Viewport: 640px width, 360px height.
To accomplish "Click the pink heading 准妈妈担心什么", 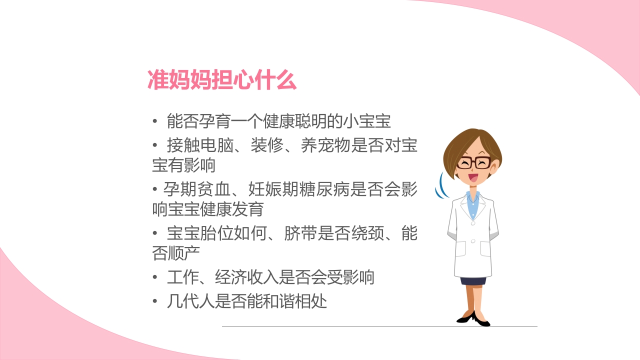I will tap(222, 80).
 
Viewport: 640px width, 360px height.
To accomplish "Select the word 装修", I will tap(266, 145).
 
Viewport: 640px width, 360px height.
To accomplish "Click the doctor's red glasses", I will tap(473, 163).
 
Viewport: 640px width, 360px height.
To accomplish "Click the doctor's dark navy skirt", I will tap(473, 280).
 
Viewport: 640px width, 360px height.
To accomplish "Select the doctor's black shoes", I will tap(473, 318).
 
